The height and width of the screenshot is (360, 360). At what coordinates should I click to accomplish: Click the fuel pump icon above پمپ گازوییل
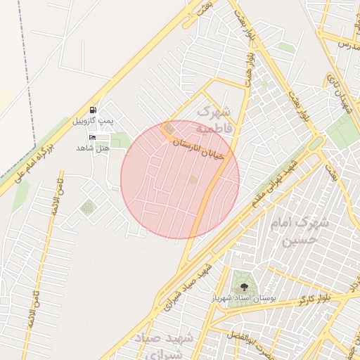(x=94, y=110)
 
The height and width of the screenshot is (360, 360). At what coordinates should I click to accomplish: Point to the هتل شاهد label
(x=93, y=148)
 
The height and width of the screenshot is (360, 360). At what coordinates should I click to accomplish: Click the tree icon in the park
(x=244, y=287)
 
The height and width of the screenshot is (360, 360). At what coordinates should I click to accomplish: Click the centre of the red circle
(x=180, y=179)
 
